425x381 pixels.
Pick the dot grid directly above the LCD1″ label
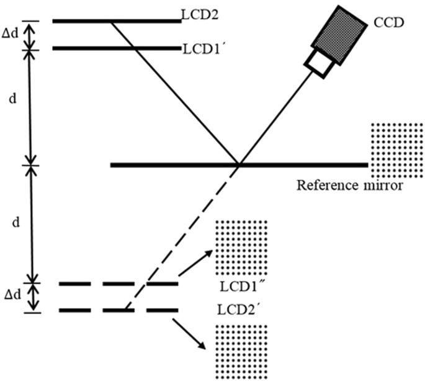click(x=241, y=247)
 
